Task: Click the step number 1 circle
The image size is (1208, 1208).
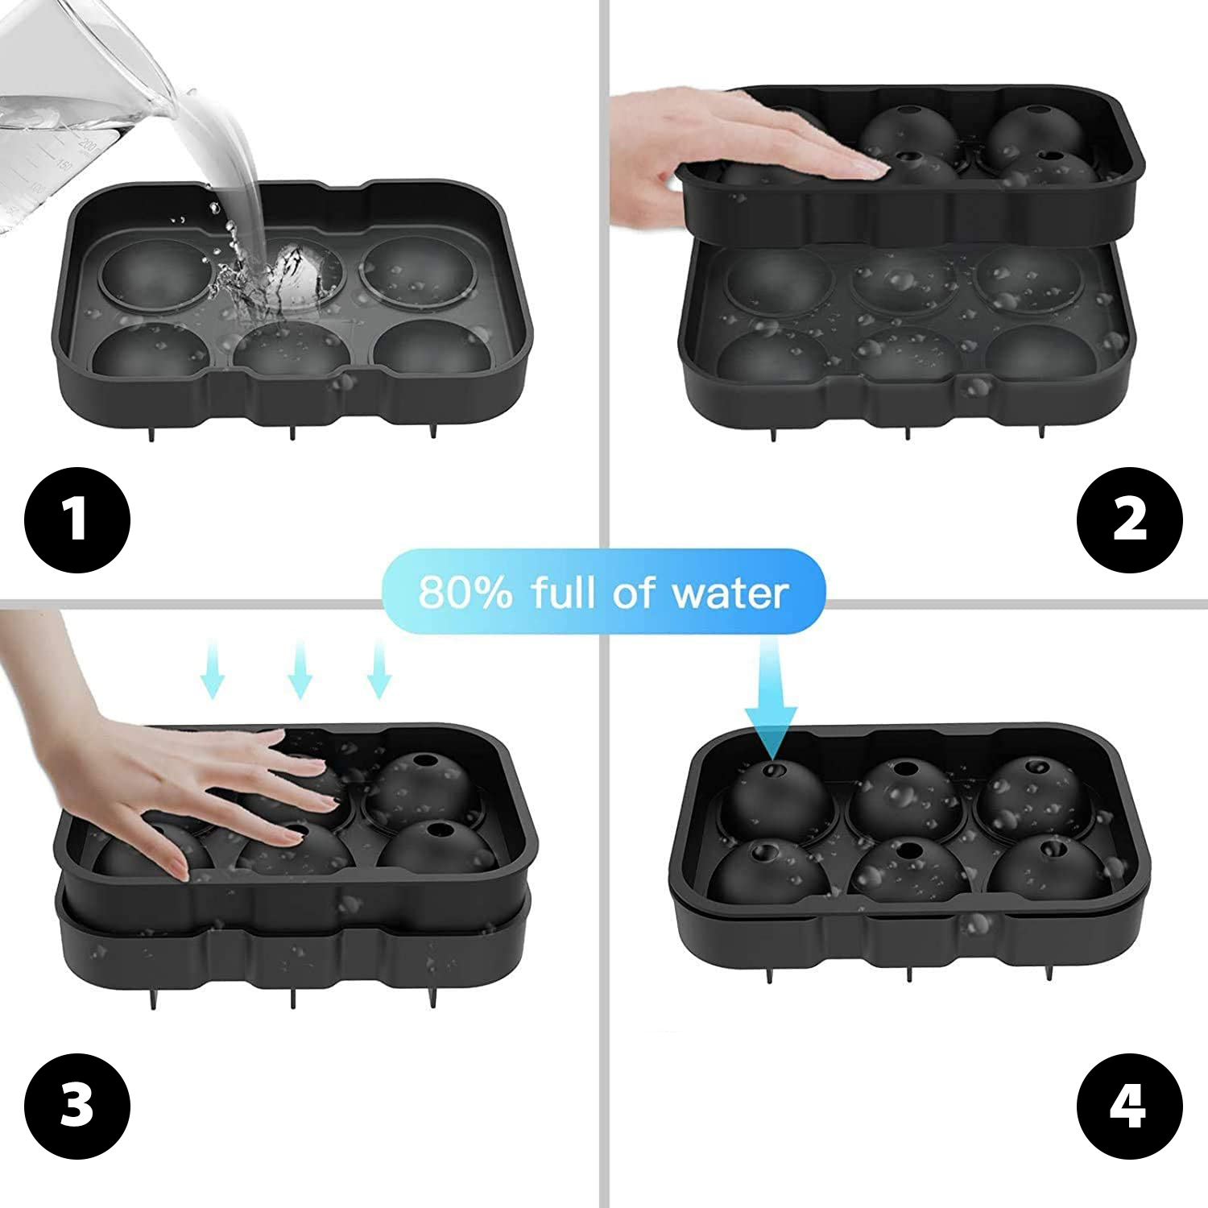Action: [77, 519]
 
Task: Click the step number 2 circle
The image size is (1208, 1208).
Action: [1130, 519]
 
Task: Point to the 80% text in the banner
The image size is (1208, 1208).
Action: [465, 594]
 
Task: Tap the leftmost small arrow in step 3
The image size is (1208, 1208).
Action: [213, 668]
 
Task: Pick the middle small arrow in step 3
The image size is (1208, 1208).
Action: [299, 668]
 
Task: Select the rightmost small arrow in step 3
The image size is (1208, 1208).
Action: [379, 668]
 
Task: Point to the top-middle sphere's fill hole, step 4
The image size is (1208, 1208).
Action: [907, 772]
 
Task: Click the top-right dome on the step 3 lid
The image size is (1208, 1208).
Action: [424, 785]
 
